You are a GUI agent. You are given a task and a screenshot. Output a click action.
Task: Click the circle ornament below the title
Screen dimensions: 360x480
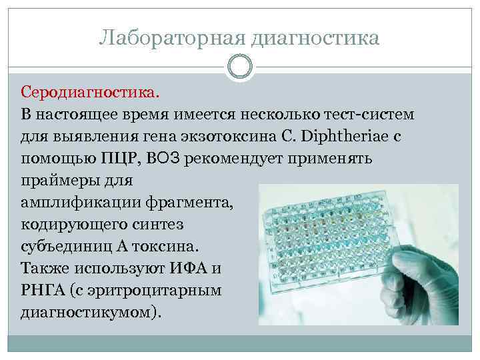pyautogui.click(x=240, y=67)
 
